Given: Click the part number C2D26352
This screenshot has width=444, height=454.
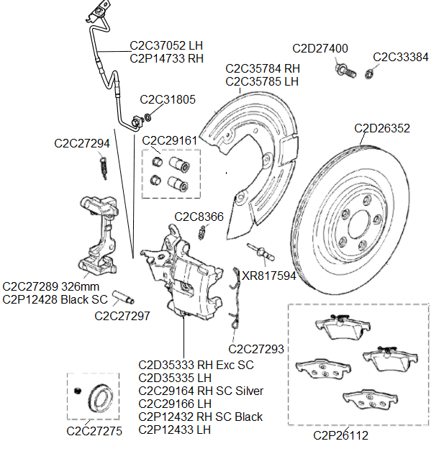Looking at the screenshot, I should [x=382, y=129].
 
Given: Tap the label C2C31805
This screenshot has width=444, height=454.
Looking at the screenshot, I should [x=167, y=99].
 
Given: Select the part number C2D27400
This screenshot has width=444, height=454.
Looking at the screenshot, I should [x=320, y=48].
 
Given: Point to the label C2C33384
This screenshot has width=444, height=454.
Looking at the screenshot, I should [x=401, y=57].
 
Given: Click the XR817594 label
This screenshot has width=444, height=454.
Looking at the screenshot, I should [x=268, y=275].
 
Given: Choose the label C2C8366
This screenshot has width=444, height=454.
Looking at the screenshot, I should [x=199, y=217].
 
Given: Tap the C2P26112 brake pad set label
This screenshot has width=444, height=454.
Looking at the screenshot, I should [x=340, y=435].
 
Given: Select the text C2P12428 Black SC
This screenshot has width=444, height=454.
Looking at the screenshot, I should [x=55, y=299].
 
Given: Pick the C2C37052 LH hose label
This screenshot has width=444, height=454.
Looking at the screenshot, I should [x=166, y=45].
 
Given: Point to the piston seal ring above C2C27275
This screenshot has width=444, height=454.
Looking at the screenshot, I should [x=99, y=397].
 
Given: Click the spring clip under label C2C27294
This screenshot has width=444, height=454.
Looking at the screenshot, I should [x=102, y=168].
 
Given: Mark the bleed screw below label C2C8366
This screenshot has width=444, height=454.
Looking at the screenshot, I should [x=204, y=232].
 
